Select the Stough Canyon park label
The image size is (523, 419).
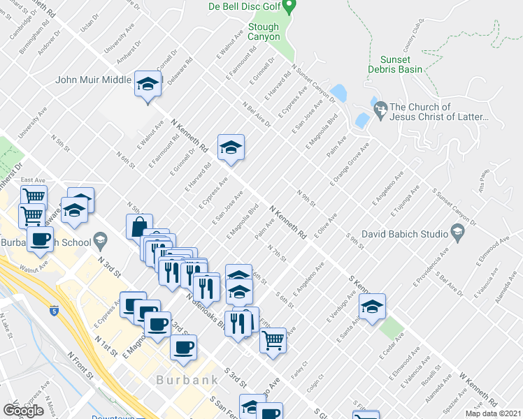pos(264,31)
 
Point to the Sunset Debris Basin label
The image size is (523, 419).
pos(395,64)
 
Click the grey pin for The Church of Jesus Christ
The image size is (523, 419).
pos(380,110)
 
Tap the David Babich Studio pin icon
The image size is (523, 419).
pos(457,231)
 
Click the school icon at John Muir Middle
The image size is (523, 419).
pos(147,84)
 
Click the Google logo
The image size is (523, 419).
pos(23,410)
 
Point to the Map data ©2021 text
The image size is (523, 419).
pos(493,413)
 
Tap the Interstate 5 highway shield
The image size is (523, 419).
pos(55,308)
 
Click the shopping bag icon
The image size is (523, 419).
pos(138,226)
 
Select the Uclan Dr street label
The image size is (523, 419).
pos(86,23)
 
